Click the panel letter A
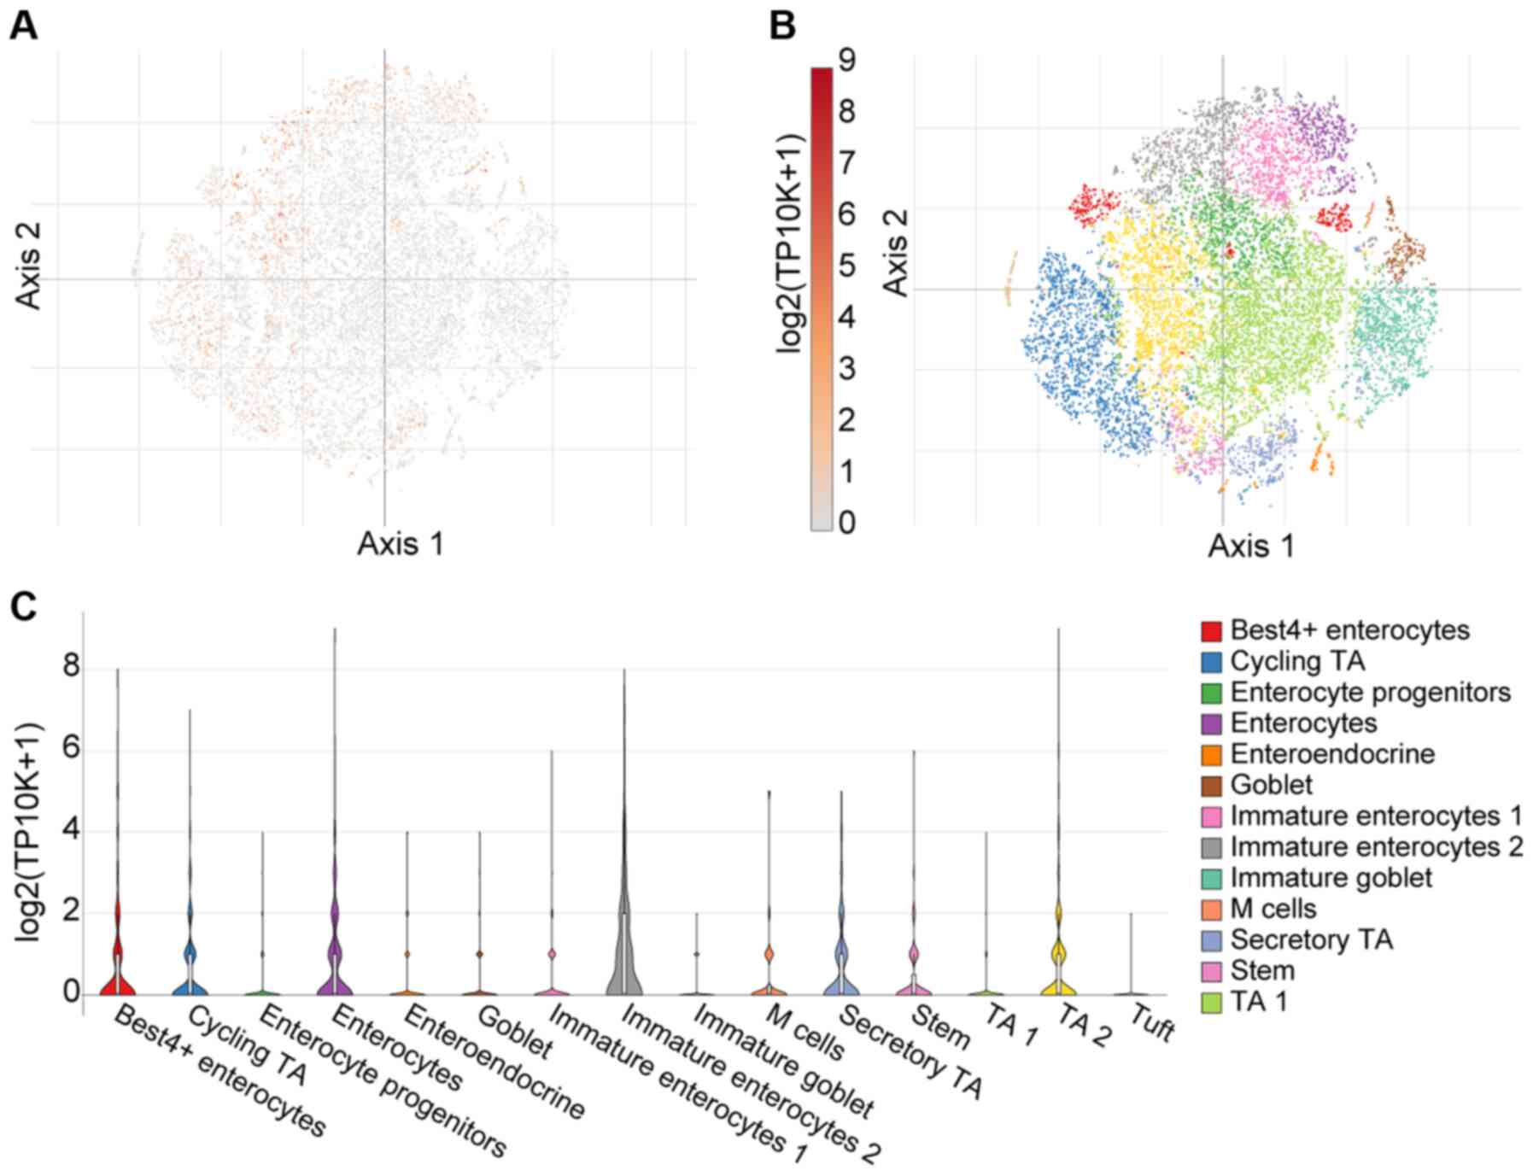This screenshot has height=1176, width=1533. pos(23,26)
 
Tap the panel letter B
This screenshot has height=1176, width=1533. pos(782,26)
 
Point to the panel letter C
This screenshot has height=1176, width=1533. pos(23,607)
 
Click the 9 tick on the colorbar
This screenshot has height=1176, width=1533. pos(846,61)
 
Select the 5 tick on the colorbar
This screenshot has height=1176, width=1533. pos(846,266)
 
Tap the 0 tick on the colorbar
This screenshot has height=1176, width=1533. pos(846,522)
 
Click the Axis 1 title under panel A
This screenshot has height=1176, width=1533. pos(401,543)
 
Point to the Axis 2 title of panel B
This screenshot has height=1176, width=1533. pos(895,255)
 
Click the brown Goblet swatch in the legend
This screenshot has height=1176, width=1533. pos(1211,786)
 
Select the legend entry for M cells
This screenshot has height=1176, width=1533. pos(1273,909)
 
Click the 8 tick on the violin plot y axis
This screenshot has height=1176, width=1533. pos(71,667)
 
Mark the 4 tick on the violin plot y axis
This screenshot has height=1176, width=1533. pos(71,831)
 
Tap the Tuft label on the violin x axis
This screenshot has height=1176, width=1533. pos(1151,1024)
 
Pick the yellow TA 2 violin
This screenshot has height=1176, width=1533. pos(1058,965)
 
